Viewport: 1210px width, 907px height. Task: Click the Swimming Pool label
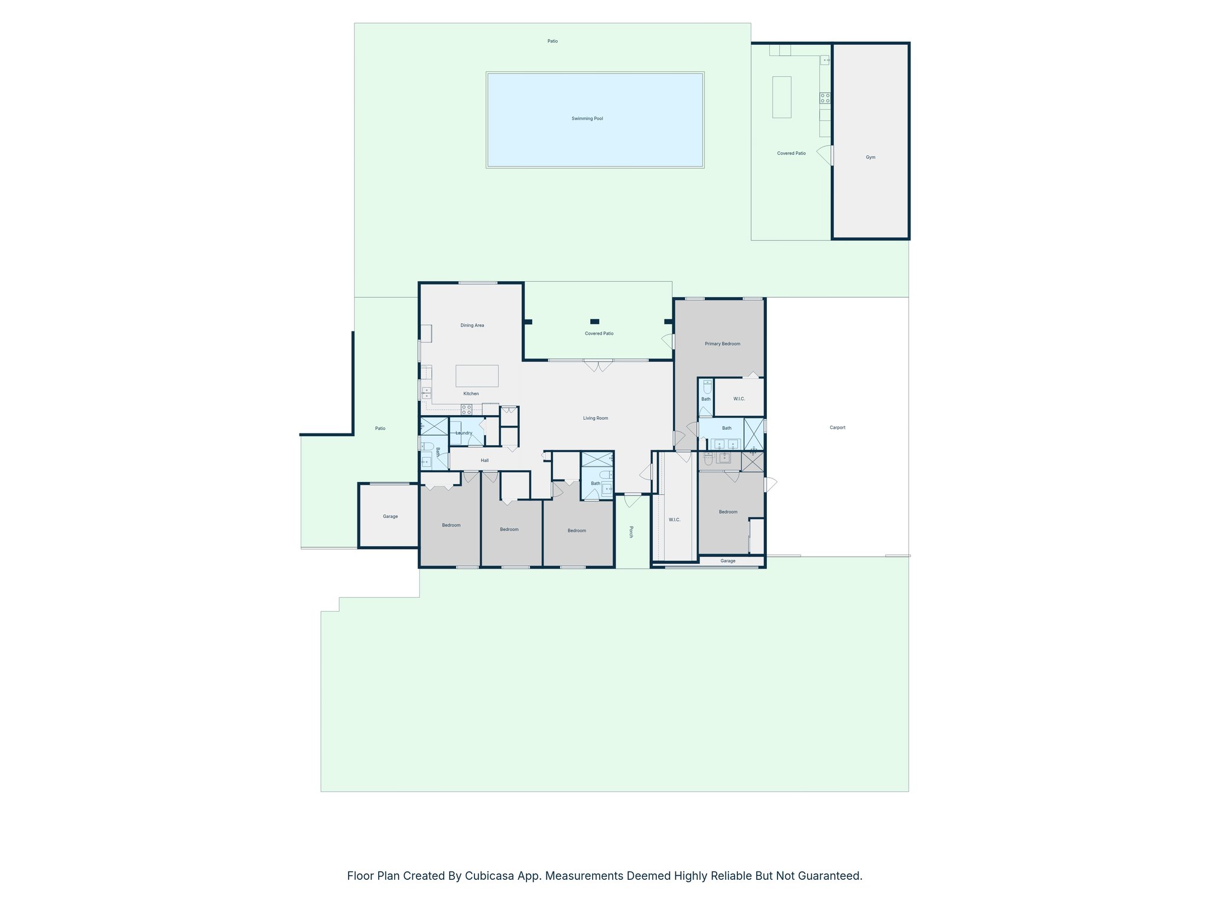[587, 119]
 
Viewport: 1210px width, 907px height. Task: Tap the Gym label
[870, 157]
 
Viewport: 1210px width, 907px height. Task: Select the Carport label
[837, 428]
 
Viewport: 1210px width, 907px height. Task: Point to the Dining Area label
[472, 325]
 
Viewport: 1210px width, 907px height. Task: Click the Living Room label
[595, 418]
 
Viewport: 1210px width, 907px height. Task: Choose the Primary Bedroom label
[722, 344]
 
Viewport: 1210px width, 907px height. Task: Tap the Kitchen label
[471, 393]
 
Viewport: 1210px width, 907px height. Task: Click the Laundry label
[464, 433]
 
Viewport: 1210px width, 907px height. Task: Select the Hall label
[484, 461]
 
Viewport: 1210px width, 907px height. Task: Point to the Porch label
[631, 531]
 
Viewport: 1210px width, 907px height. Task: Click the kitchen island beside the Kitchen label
[477, 376]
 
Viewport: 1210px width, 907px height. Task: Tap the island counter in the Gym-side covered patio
[782, 97]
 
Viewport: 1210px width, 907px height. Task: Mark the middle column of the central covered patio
[595, 321]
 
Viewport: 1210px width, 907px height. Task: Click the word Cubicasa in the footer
[488, 876]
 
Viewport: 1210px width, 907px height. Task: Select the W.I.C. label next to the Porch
[674, 520]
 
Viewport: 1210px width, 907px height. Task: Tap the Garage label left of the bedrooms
[390, 516]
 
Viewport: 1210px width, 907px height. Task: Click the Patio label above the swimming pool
[552, 41]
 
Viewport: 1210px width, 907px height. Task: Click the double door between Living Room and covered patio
[599, 365]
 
